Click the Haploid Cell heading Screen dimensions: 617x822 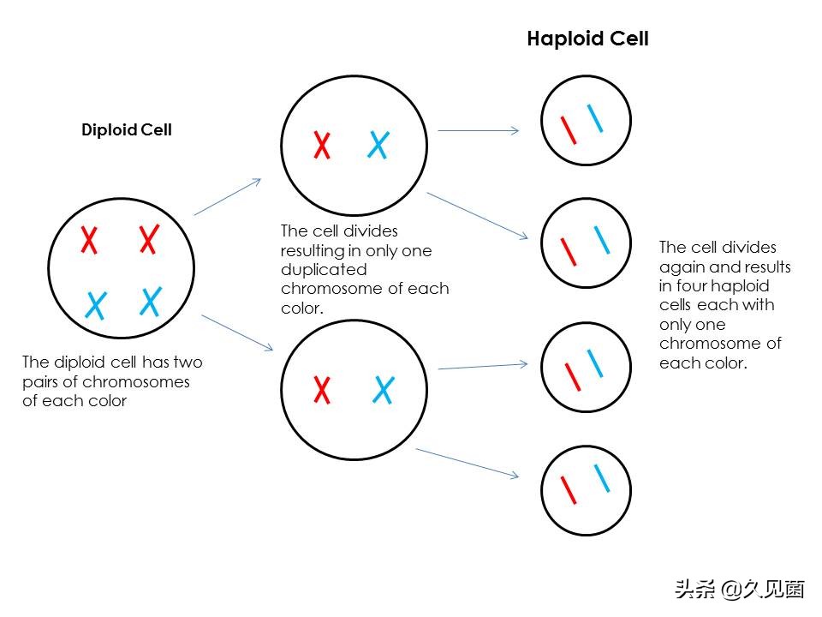coord(587,39)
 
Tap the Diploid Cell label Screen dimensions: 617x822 coord(127,130)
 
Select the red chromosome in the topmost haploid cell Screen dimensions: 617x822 coord(568,129)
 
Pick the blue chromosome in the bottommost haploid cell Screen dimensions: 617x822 coord(602,477)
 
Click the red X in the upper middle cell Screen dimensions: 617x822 coord(322,145)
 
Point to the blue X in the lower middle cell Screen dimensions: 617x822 coord(384,390)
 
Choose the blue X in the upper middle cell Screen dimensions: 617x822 coord(378,145)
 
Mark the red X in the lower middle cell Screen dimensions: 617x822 coord(322,390)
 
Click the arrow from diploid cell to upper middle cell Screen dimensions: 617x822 coord(228,197)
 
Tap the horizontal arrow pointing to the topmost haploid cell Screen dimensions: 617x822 coord(478,131)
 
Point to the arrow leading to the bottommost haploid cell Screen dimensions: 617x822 coord(467,463)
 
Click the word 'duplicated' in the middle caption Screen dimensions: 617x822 coord(320,270)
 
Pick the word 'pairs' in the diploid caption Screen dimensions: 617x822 coord(40,381)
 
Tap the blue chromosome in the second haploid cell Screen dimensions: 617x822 coord(602,239)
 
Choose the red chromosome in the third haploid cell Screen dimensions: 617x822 coord(569,374)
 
